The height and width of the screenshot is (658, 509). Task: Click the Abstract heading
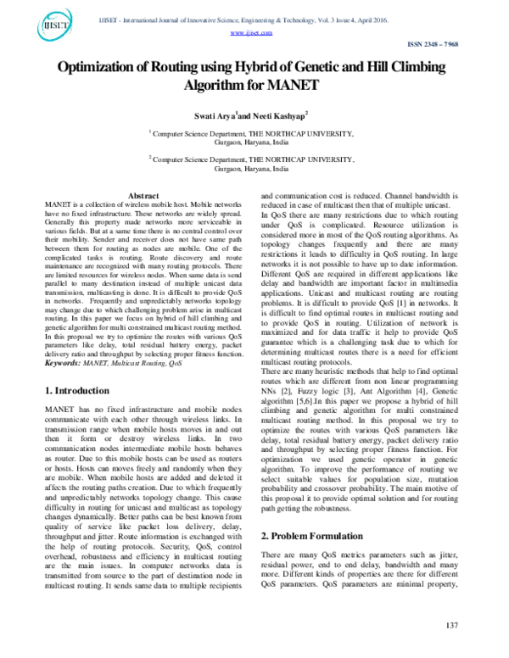point(143,196)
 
